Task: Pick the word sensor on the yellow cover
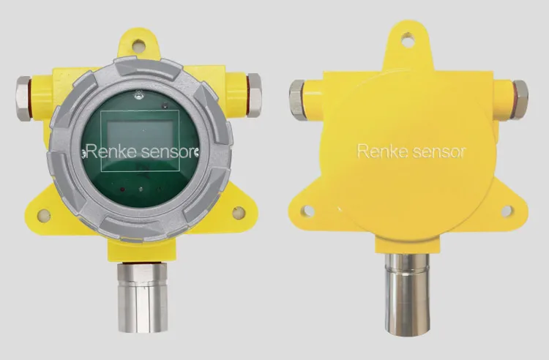tap(438, 151)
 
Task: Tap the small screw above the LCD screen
tap(139, 94)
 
